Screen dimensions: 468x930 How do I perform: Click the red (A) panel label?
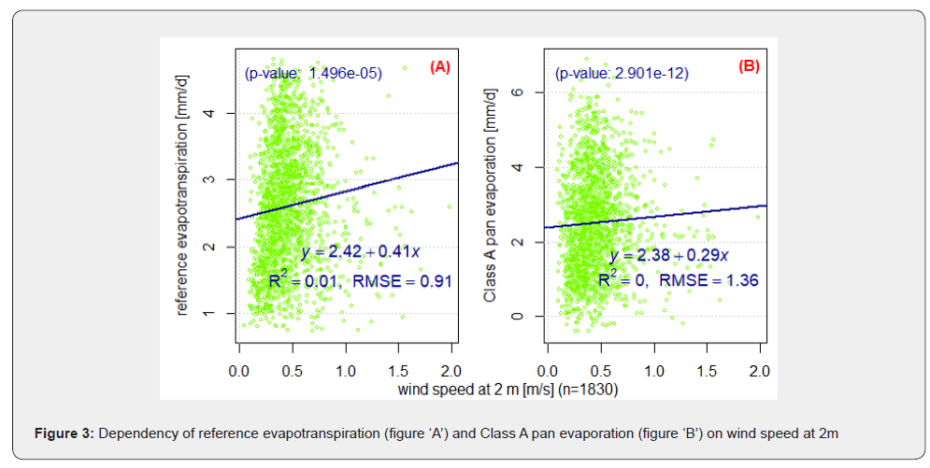(440, 66)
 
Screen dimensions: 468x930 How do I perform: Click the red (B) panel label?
(750, 66)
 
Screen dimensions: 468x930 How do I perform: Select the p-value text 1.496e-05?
(344, 73)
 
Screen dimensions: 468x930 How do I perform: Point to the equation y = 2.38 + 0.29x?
(669, 255)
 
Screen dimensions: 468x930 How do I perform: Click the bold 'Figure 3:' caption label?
(65, 433)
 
